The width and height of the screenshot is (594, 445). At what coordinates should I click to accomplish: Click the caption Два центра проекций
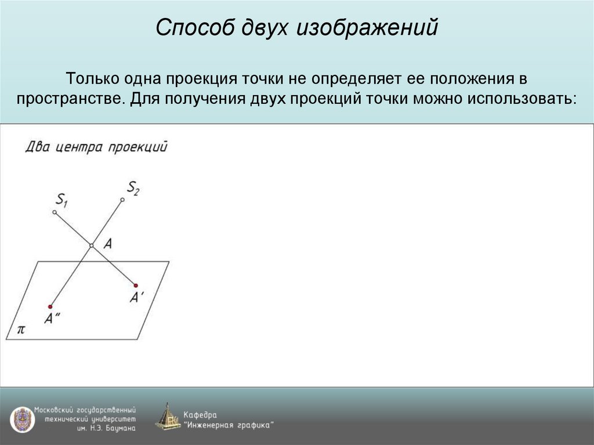[x=96, y=147]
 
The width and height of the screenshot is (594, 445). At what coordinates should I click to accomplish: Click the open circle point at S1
[x=55, y=213]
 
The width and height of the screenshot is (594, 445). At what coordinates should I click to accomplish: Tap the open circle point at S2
[x=122, y=200]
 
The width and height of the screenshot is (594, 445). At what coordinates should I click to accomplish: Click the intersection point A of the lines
[x=91, y=246]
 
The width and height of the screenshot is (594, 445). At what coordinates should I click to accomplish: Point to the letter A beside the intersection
[x=107, y=244]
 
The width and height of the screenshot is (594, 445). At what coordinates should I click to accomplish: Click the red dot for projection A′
[x=136, y=285]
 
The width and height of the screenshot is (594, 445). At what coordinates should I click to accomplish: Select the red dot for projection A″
[x=50, y=306]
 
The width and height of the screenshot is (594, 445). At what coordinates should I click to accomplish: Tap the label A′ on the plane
[x=136, y=298]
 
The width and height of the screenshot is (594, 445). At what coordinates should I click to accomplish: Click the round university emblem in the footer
[x=22, y=419]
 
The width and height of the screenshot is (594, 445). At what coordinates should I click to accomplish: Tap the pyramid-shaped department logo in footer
[x=167, y=417]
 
